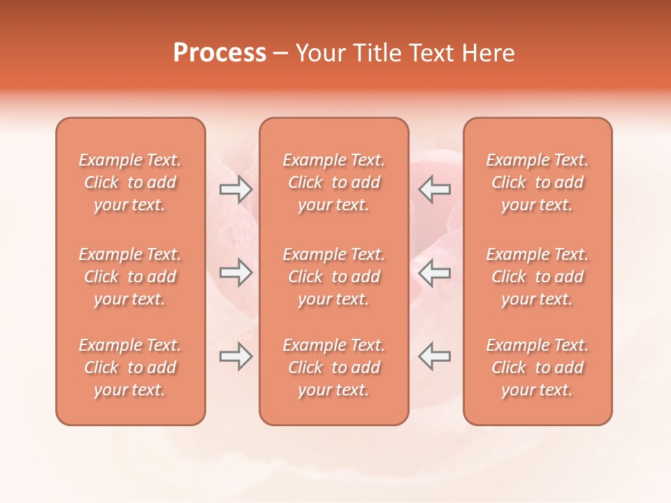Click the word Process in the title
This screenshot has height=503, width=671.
(219, 53)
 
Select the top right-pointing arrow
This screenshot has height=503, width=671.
(236, 189)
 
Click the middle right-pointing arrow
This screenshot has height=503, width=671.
(236, 272)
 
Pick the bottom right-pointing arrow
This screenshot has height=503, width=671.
(236, 356)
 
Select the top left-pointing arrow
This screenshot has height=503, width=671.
(435, 189)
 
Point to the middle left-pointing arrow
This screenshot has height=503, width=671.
(435, 272)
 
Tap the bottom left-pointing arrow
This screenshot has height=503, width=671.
(435, 356)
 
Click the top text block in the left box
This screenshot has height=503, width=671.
(130, 182)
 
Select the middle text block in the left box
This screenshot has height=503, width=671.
(130, 277)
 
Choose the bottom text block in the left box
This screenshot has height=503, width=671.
(130, 367)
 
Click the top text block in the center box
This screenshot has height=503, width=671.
(334, 182)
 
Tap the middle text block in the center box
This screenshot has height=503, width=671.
(334, 277)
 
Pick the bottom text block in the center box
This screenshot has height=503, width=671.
(334, 367)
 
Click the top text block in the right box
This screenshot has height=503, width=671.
(537, 182)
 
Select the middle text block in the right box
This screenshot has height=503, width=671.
(537, 277)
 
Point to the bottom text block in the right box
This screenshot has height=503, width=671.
(537, 367)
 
